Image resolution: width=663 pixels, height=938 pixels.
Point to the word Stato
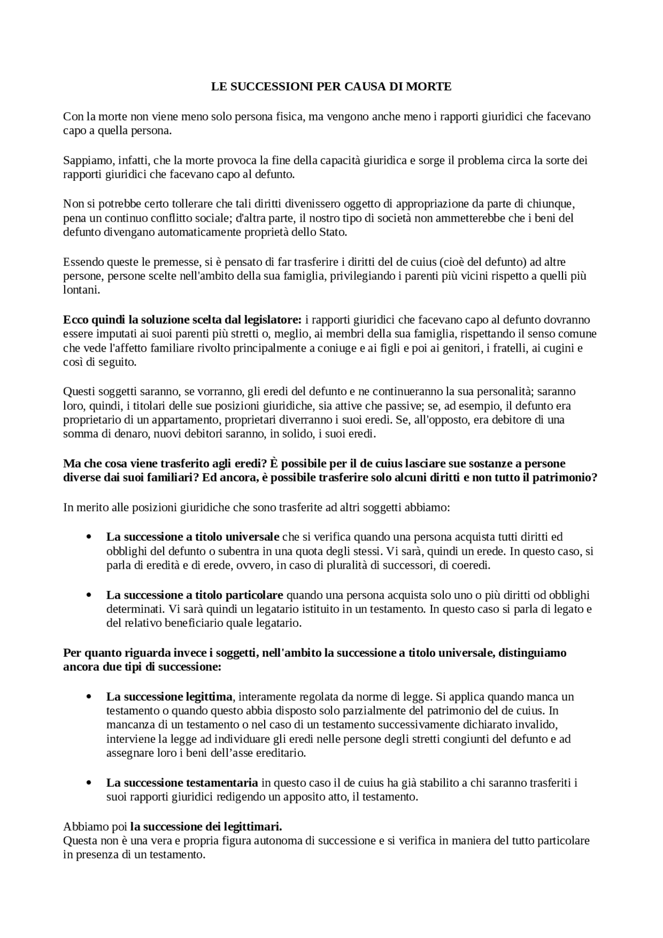332,232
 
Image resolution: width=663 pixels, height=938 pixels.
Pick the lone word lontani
81,290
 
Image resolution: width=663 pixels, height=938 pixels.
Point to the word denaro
134,434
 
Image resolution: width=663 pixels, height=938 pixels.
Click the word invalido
538,724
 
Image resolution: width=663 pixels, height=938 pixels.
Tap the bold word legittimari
255,826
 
